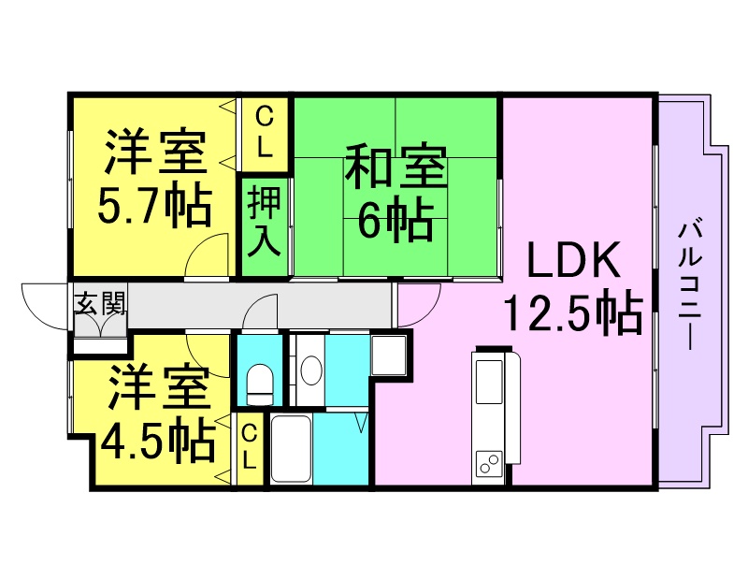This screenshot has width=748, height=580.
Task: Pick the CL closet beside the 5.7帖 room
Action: (265, 132)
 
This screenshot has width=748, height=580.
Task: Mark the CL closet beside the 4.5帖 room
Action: (250, 446)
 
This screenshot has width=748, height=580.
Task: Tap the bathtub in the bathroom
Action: (291, 450)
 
